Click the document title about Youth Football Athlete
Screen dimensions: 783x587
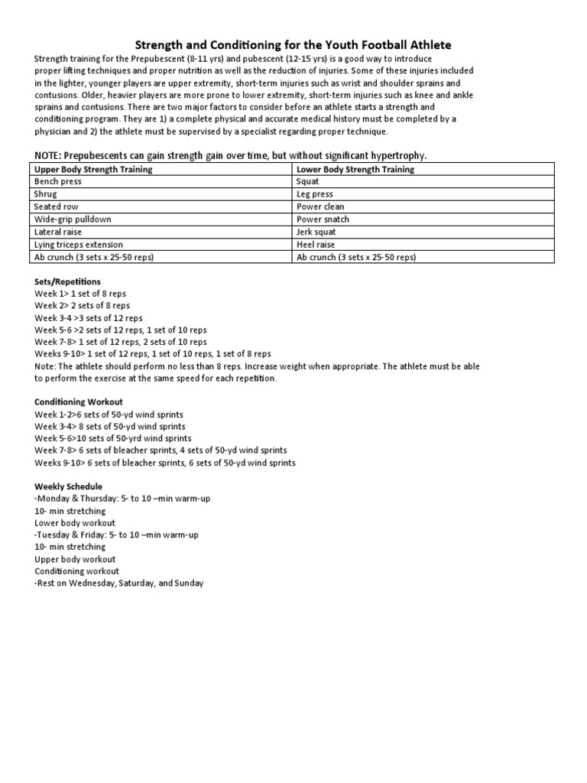pyautogui.click(x=293, y=45)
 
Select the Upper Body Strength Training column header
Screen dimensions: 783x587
pyautogui.click(x=93, y=169)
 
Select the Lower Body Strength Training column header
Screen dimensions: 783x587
pyautogui.click(x=355, y=169)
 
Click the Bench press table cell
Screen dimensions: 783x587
pyautogui.click(x=58, y=182)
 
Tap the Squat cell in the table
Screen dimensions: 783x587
pyautogui.click(x=308, y=182)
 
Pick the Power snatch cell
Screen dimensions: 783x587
pyautogui.click(x=323, y=219)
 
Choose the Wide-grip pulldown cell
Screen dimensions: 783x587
pyautogui.click(x=73, y=219)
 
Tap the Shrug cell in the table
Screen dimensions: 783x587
pyautogui.click(x=46, y=194)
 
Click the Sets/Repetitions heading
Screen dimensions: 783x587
pyautogui.click(x=67, y=282)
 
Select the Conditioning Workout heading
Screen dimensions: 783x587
pyautogui.click(x=79, y=402)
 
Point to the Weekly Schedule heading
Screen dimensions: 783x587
pyautogui.click(x=68, y=486)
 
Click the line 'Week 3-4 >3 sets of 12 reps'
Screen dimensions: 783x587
pyautogui.click(x=89, y=318)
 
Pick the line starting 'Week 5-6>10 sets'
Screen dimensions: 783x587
pyautogui.click(x=113, y=439)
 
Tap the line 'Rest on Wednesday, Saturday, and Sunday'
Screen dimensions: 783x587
pyautogui.click(x=119, y=583)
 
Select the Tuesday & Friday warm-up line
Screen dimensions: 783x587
pyautogui.click(x=116, y=535)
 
